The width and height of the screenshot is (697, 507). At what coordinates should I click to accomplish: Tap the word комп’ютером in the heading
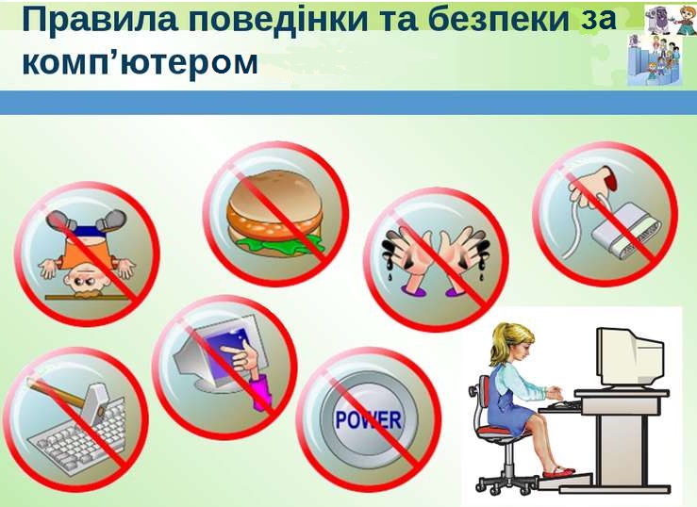coord(140,62)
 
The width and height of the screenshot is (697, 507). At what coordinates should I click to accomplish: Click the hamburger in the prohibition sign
coord(274,214)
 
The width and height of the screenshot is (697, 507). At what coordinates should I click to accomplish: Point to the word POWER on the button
coord(369,420)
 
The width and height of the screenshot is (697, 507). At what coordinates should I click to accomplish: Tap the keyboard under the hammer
coord(77,437)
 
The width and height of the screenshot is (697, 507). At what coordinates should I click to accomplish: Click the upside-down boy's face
coord(87,281)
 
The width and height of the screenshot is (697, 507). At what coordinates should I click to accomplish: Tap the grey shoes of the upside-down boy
coord(87,220)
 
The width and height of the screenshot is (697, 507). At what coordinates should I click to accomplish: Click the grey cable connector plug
coord(627,237)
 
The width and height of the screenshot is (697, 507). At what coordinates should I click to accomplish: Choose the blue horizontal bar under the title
coord(349,103)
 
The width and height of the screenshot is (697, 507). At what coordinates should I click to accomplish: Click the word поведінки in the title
coord(282,19)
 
